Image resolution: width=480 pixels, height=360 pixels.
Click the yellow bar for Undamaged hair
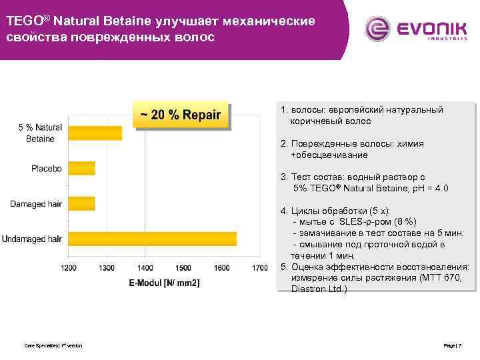coord(152,239)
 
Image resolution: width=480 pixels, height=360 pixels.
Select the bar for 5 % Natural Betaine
coord(95,133)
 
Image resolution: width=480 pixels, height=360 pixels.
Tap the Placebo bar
coord(81,168)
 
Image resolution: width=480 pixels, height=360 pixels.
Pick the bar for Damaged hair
coord(81,203)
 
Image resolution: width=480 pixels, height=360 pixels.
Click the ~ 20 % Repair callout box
coord(181,115)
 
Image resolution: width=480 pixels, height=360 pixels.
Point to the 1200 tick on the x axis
coord(69,268)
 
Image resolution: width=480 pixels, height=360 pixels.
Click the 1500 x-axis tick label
coord(183,268)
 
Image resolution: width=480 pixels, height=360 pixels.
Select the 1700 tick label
coord(260,268)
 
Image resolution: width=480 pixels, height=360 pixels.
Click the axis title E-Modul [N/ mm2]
coord(164,283)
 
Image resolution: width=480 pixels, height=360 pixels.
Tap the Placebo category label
coord(47,169)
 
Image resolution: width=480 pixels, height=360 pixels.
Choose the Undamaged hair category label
coord(32,239)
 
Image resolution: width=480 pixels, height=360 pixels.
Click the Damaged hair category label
coord(36,203)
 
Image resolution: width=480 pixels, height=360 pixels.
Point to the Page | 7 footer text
coord(453,345)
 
